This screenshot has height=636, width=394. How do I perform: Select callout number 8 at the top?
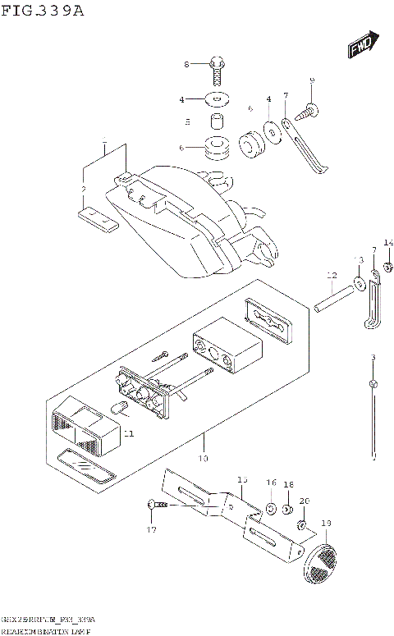click(x=186, y=64)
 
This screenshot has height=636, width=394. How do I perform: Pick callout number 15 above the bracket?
click(x=241, y=478)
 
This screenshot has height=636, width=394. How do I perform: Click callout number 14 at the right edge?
click(x=388, y=242)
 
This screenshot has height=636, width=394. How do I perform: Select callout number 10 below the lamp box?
click(x=203, y=458)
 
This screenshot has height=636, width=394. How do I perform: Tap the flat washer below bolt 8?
click(x=217, y=100)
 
